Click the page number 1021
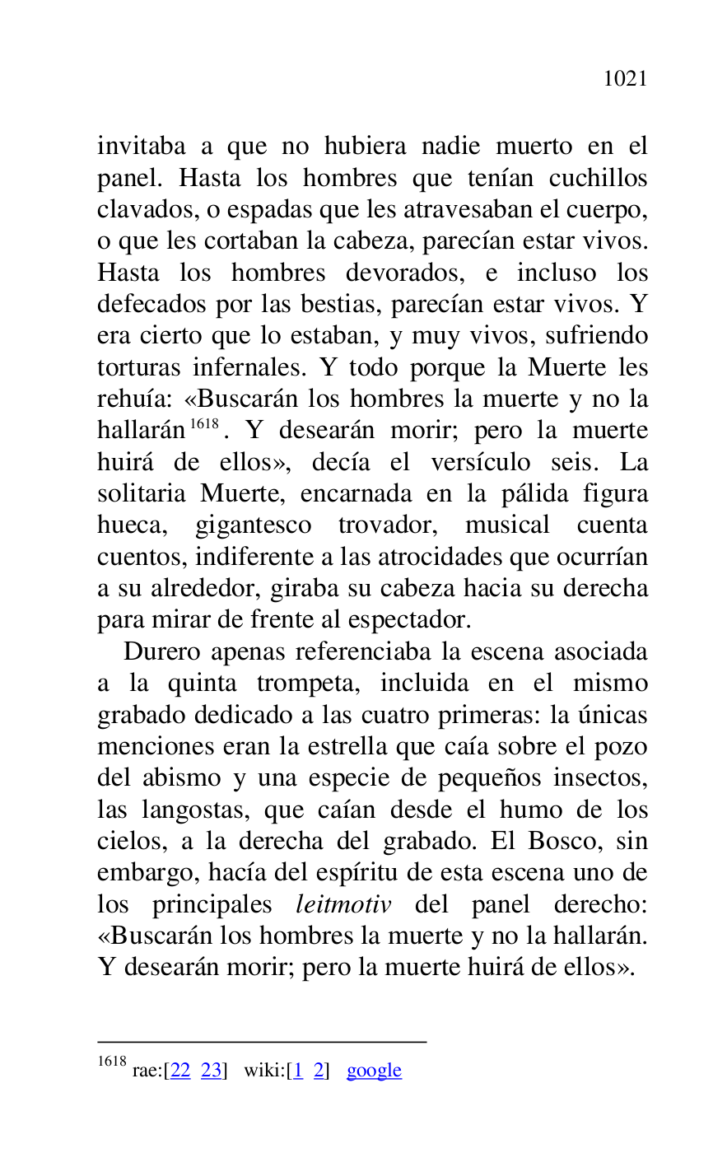point(625,79)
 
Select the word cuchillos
point(598,179)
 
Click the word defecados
point(153,305)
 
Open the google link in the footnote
point(374,1071)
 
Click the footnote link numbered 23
point(211,1071)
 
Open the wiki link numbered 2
point(319,1071)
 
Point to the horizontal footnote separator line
point(262,1042)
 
